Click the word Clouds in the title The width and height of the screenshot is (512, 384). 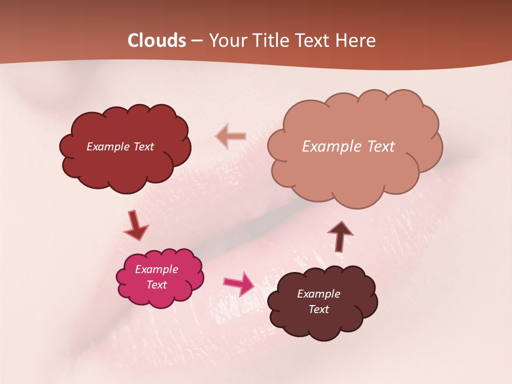tap(157, 41)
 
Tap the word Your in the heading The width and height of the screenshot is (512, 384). tap(228, 41)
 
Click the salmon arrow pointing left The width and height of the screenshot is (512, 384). tap(230, 136)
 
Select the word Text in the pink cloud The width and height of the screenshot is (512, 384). tap(156, 285)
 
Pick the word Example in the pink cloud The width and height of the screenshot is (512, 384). tap(156, 269)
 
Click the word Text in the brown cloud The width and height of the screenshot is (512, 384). tap(318, 309)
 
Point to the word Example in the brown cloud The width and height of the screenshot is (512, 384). tap(318, 294)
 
